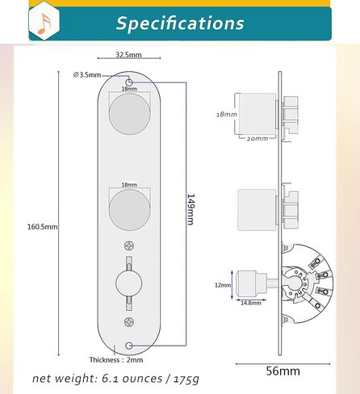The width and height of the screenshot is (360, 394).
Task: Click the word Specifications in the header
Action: tap(180, 23)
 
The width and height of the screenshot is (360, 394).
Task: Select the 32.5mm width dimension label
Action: tap(129, 55)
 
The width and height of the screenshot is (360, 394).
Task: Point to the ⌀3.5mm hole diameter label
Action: tap(87, 74)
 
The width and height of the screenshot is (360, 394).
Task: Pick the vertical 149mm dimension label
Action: tap(191, 209)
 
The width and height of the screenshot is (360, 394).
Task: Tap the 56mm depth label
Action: tap(283, 371)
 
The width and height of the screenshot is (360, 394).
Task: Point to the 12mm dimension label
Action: tap(223, 285)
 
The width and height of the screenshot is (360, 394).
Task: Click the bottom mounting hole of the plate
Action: tap(129, 345)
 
